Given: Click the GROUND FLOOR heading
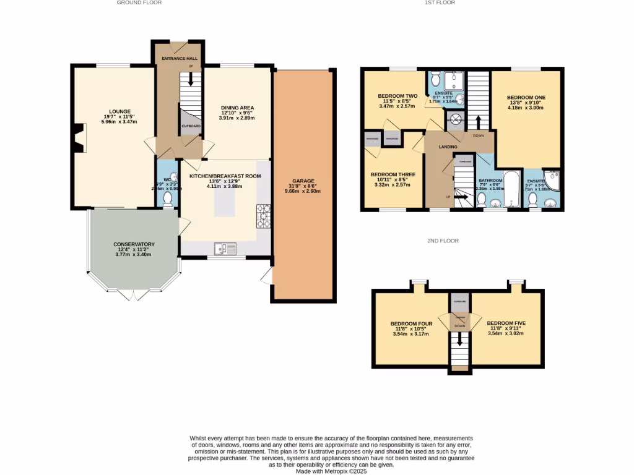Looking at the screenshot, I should click(139, 3).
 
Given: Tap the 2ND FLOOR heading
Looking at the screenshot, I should click(443, 241).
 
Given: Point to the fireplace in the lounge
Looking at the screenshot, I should click(77, 137).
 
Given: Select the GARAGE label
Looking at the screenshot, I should click(303, 182).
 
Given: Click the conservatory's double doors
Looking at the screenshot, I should click(133, 295).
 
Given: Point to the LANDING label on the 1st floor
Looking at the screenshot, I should click(448, 147).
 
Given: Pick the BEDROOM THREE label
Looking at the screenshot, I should click(394, 175).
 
